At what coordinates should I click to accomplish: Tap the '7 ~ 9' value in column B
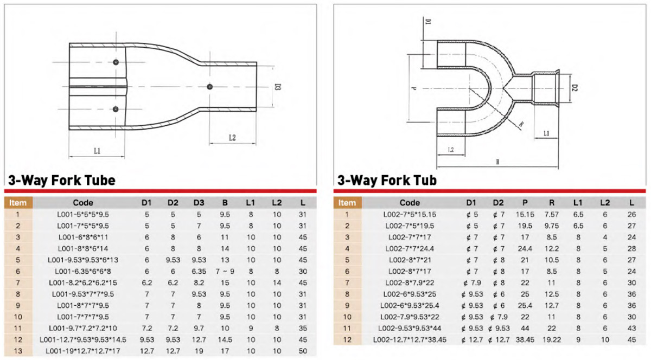tap(225, 271)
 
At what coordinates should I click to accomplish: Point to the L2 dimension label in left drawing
tap(232, 138)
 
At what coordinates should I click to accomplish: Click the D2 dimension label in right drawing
tap(575, 87)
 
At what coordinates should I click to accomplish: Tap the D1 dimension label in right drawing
tap(427, 22)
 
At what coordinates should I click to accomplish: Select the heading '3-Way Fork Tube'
tap(61, 180)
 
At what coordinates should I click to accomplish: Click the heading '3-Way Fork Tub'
tap(387, 180)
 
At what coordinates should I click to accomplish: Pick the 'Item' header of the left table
tap(18, 203)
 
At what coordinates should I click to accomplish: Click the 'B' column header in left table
tap(225, 203)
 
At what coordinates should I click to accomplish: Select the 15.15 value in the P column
tap(525, 214)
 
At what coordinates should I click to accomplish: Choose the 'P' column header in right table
tap(525, 203)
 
